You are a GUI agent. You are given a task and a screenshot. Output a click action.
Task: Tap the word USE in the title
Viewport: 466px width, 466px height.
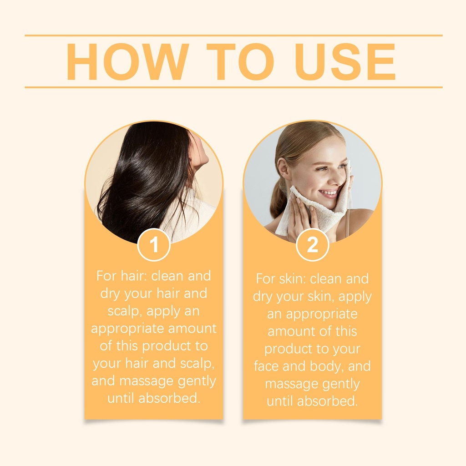tap(345, 62)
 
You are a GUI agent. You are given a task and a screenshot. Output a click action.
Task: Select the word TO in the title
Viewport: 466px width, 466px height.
tap(240, 62)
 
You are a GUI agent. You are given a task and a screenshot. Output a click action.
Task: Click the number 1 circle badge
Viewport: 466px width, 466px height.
tap(154, 245)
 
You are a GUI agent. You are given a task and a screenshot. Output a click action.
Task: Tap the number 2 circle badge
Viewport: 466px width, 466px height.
tap(312, 245)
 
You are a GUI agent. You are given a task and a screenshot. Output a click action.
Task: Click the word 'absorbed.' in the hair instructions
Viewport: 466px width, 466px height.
tap(169, 398)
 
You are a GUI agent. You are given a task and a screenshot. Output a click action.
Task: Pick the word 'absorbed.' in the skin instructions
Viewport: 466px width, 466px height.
tap(328, 401)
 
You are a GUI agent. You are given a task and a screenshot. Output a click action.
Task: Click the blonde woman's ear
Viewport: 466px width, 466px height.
tap(283, 171)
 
